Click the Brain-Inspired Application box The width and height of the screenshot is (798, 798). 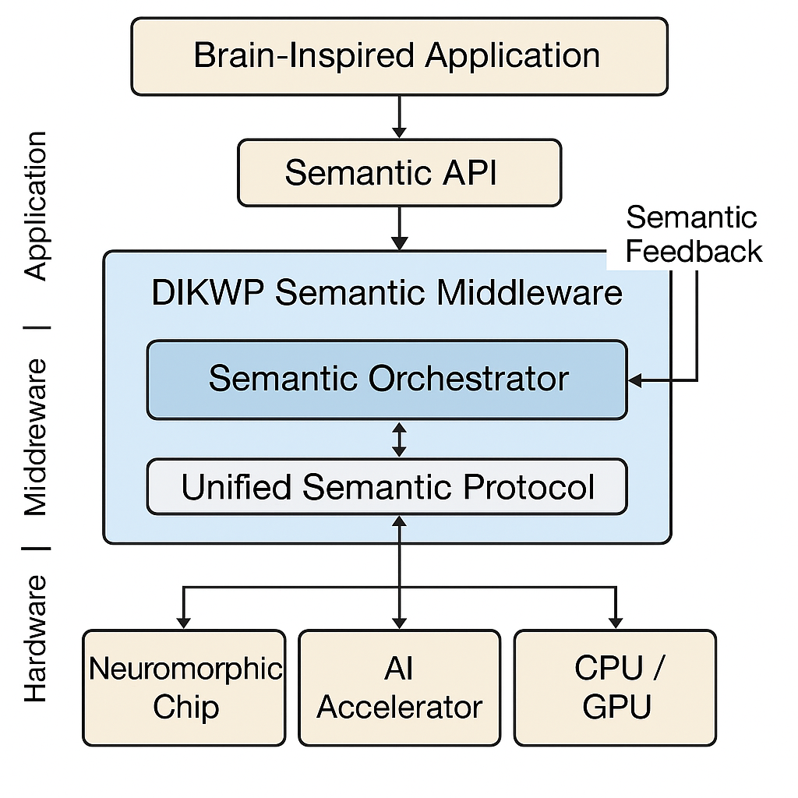[x=399, y=56]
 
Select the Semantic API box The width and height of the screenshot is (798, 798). [x=399, y=172]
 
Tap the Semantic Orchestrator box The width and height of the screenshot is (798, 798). [x=387, y=380]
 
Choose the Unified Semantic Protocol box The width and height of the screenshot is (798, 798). [x=387, y=487]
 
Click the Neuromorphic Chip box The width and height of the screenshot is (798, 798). [x=184, y=688]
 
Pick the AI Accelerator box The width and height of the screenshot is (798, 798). [x=399, y=688]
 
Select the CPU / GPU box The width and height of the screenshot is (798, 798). [x=615, y=688]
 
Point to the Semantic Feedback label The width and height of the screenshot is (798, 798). [x=693, y=234]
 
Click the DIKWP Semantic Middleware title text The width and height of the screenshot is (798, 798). [x=387, y=293]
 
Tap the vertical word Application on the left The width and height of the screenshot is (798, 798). [x=36, y=206]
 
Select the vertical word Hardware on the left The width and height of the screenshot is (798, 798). [x=36, y=639]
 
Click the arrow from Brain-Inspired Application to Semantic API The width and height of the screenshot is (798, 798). [x=399, y=117]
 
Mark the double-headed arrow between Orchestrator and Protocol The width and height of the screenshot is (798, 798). [x=399, y=440]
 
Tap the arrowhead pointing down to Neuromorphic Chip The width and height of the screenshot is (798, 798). [x=184, y=621]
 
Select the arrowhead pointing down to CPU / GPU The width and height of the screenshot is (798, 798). [x=616, y=621]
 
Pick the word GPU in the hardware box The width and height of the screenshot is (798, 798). [x=616, y=708]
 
